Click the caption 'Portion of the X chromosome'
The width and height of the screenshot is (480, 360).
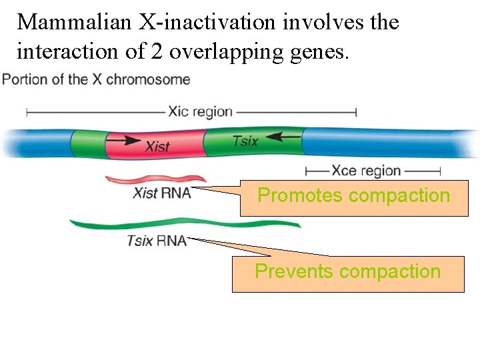(97, 80)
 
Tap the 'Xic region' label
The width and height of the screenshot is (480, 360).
(200, 111)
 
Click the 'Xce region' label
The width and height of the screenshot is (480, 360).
(366, 171)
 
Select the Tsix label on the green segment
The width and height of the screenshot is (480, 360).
(245, 141)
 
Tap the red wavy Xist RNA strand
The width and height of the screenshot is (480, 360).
(156, 179)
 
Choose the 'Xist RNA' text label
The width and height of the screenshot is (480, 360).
(162, 193)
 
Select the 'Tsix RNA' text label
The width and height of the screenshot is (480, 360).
(157, 241)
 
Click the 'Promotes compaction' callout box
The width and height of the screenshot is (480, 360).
(354, 197)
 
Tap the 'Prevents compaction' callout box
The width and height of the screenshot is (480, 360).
(348, 273)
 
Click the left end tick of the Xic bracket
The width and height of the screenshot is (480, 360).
(27, 111)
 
